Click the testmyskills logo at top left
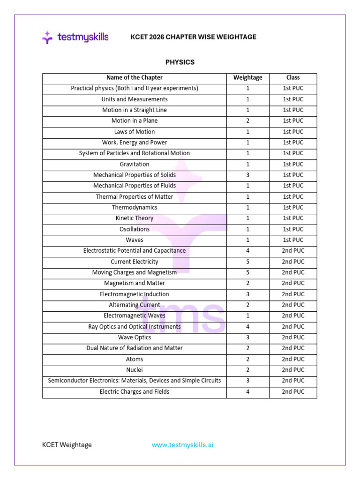(75, 37)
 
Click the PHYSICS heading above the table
(180, 62)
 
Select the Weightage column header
(247, 77)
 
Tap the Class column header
(293, 77)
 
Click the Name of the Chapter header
(135, 77)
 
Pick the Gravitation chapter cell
(135, 164)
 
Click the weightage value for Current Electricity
(247, 262)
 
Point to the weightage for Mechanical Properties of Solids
(247, 175)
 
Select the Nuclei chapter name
(135, 370)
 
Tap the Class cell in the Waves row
(293, 240)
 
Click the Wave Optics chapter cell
(135, 337)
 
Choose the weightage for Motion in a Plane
(247, 120)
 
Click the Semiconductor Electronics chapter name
(135, 381)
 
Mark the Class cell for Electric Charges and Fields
(293, 391)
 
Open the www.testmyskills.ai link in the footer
(182, 445)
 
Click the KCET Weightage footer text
(67, 445)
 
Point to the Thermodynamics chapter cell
(135, 207)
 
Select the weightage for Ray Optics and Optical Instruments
(247, 327)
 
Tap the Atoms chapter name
(135, 359)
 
